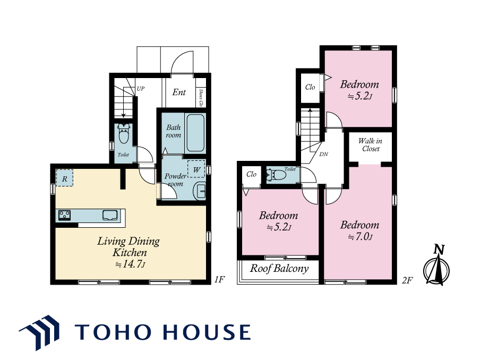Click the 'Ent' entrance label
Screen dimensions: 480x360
(x=179, y=92)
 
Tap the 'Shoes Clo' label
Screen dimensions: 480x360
(x=201, y=98)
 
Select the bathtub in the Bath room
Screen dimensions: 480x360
(x=195, y=133)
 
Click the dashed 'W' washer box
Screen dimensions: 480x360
(x=196, y=169)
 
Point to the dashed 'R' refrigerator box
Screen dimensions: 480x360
(x=64, y=178)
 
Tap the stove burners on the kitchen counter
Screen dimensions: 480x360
(x=65, y=215)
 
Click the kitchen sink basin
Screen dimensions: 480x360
(x=110, y=215)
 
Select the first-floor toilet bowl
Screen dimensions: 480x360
(x=124, y=134)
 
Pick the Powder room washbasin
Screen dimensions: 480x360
(x=199, y=191)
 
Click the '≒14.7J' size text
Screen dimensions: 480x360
(x=130, y=264)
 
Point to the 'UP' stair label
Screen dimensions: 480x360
(x=141, y=89)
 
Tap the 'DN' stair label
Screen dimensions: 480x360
(x=323, y=155)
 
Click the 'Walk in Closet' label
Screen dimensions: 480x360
(x=371, y=145)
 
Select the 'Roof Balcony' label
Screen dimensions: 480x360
(x=279, y=269)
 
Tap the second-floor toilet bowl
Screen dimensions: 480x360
(x=277, y=175)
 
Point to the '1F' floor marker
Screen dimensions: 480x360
(x=219, y=279)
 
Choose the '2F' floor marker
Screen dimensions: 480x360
(x=407, y=280)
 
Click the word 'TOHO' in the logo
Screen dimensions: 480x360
(x=113, y=332)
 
